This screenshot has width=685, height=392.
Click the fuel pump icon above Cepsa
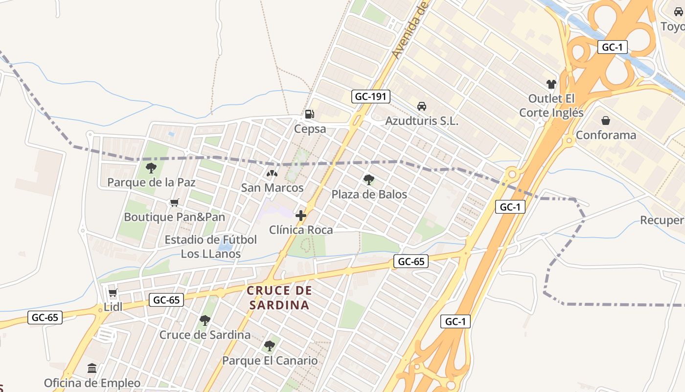309,114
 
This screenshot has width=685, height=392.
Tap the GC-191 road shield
371,97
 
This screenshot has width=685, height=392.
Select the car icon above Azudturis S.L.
421,106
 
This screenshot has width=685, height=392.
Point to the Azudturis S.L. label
422,121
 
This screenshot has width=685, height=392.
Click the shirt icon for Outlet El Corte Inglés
551,84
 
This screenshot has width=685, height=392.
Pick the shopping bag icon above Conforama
606,121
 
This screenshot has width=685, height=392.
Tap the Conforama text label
606,135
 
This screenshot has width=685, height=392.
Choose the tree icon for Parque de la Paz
151,168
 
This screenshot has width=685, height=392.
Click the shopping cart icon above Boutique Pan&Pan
174,202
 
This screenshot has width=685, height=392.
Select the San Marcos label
272,188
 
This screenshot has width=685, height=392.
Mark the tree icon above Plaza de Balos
369,180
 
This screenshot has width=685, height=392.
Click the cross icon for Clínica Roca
301,215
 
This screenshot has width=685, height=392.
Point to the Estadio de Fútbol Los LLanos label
211,246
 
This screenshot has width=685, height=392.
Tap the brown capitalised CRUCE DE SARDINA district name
279,297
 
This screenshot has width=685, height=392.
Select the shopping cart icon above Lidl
113,293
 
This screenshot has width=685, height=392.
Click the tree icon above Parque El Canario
269,346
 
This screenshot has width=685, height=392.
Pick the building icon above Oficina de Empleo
92,368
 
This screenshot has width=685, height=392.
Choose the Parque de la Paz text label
151,183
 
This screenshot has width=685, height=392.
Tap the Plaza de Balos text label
369,195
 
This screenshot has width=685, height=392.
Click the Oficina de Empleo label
92,383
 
